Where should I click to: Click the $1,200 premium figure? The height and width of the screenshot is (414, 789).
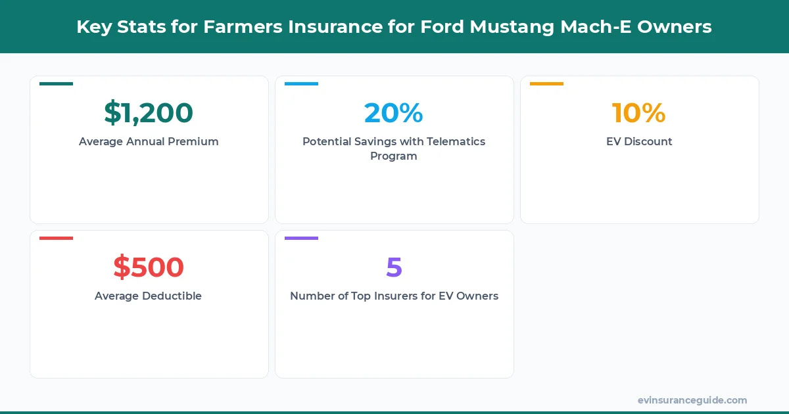pyautogui.click(x=149, y=113)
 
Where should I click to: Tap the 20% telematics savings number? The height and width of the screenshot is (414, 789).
pyautogui.click(x=394, y=113)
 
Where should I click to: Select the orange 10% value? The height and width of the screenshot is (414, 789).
pyautogui.click(x=639, y=113)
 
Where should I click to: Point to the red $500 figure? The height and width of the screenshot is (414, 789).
pyautogui.click(x=149, y=267)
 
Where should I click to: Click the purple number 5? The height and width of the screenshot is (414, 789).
pyautogui.click(x=394, y=267)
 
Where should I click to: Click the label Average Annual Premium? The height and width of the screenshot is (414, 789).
pyautogui.click(x=149, y=141)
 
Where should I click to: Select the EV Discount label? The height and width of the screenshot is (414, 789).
pyautogui.click(x=639, y=141)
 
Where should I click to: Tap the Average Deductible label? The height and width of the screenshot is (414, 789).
pyautogui.click(x=149, y=296)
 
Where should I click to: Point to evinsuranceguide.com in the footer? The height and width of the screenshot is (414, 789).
pyautogui.click(x=692, y=400)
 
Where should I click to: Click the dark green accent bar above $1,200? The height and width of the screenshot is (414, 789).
pyautogui.click(x=56, y=83)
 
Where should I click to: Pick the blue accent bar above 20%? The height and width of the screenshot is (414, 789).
pyautogui.click(x=301, y=83)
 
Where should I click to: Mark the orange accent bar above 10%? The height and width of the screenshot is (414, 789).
pyautogui.click(x=546, y=83)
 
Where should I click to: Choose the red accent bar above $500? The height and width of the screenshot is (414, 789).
pyautogui.click(x=56, y=238)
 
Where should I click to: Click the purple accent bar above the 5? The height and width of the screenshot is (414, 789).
pyautogui.click(x=301, y=238)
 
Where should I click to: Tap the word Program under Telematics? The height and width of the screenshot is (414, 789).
pyautogui.click(x=394, y=156)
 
